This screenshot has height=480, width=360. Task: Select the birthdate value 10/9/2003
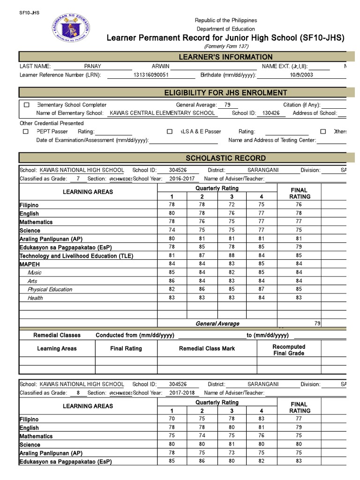(301, 75)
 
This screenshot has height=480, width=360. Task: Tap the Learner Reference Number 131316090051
(151, 75)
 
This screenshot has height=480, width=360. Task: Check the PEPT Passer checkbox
(26, 132)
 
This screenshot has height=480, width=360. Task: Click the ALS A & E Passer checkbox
(169, 132)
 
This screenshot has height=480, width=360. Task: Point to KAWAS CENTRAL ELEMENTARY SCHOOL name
(162, 113)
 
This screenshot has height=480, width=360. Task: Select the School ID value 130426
(271, 113)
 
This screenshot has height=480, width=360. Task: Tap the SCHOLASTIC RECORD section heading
(225, 158)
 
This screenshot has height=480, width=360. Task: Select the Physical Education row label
(50, 289)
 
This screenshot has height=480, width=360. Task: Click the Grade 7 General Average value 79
(317, 323)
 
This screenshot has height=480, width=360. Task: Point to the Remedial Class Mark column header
(207, 349)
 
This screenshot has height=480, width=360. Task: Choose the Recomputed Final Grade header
(289, 350)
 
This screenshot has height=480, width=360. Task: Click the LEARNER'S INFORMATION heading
(225, 57)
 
